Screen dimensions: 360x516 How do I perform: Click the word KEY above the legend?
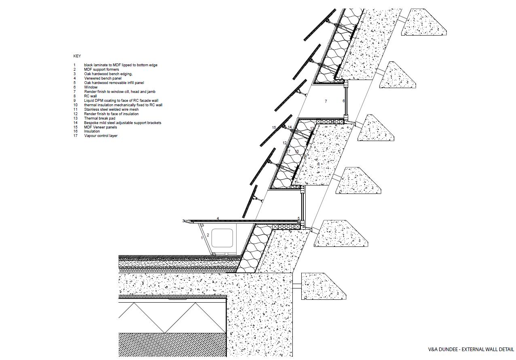(x=77, y=56)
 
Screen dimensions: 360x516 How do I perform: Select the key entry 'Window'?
(x=91, y=87)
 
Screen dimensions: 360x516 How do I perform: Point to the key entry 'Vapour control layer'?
(x=101, y=136)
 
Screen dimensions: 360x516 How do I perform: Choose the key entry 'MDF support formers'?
(x=102, y=69)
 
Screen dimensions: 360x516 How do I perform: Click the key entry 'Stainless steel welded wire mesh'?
(x=111, y=109)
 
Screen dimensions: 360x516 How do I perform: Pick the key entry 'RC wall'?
(x=91, y=96)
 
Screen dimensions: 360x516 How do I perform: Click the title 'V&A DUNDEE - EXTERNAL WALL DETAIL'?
(x=471, y=349)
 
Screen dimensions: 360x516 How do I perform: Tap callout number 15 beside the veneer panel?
(x=274, y=128)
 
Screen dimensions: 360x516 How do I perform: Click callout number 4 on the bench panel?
(x=218, y=219)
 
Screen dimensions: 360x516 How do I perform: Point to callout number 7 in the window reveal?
(x=326, y=101)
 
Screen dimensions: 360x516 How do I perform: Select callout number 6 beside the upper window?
(x=344, y=101)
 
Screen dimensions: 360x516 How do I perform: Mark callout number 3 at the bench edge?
(x=183, y=221)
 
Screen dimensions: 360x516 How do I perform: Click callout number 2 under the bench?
(x=208, y=235)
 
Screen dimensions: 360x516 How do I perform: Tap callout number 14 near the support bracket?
(x=290, y=127)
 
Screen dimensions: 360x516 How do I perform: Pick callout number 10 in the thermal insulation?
(x=297, y=152)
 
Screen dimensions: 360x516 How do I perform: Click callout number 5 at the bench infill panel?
(x=299, y=219)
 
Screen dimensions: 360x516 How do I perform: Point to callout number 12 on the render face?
(x=285, y=143)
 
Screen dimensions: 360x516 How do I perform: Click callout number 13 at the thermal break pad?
(x=312, y=128)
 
